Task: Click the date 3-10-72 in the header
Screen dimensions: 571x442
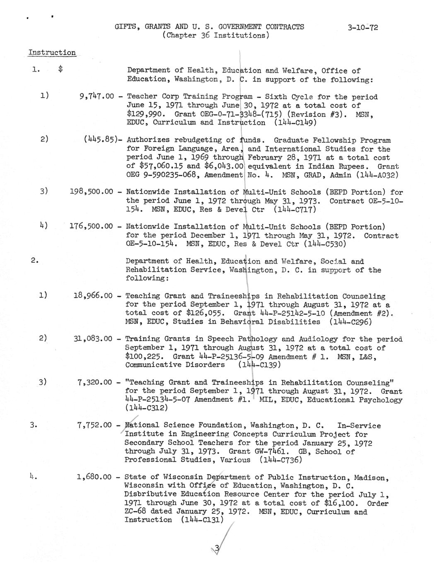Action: coord(362,28)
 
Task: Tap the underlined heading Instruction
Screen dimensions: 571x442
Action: coord(52,53)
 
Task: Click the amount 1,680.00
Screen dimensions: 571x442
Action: coord(94,477)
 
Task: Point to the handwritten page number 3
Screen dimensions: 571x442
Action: coord(217,548)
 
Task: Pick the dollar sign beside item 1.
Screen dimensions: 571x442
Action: coord(60,70)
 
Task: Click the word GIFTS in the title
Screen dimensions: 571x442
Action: coord(127,27)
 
